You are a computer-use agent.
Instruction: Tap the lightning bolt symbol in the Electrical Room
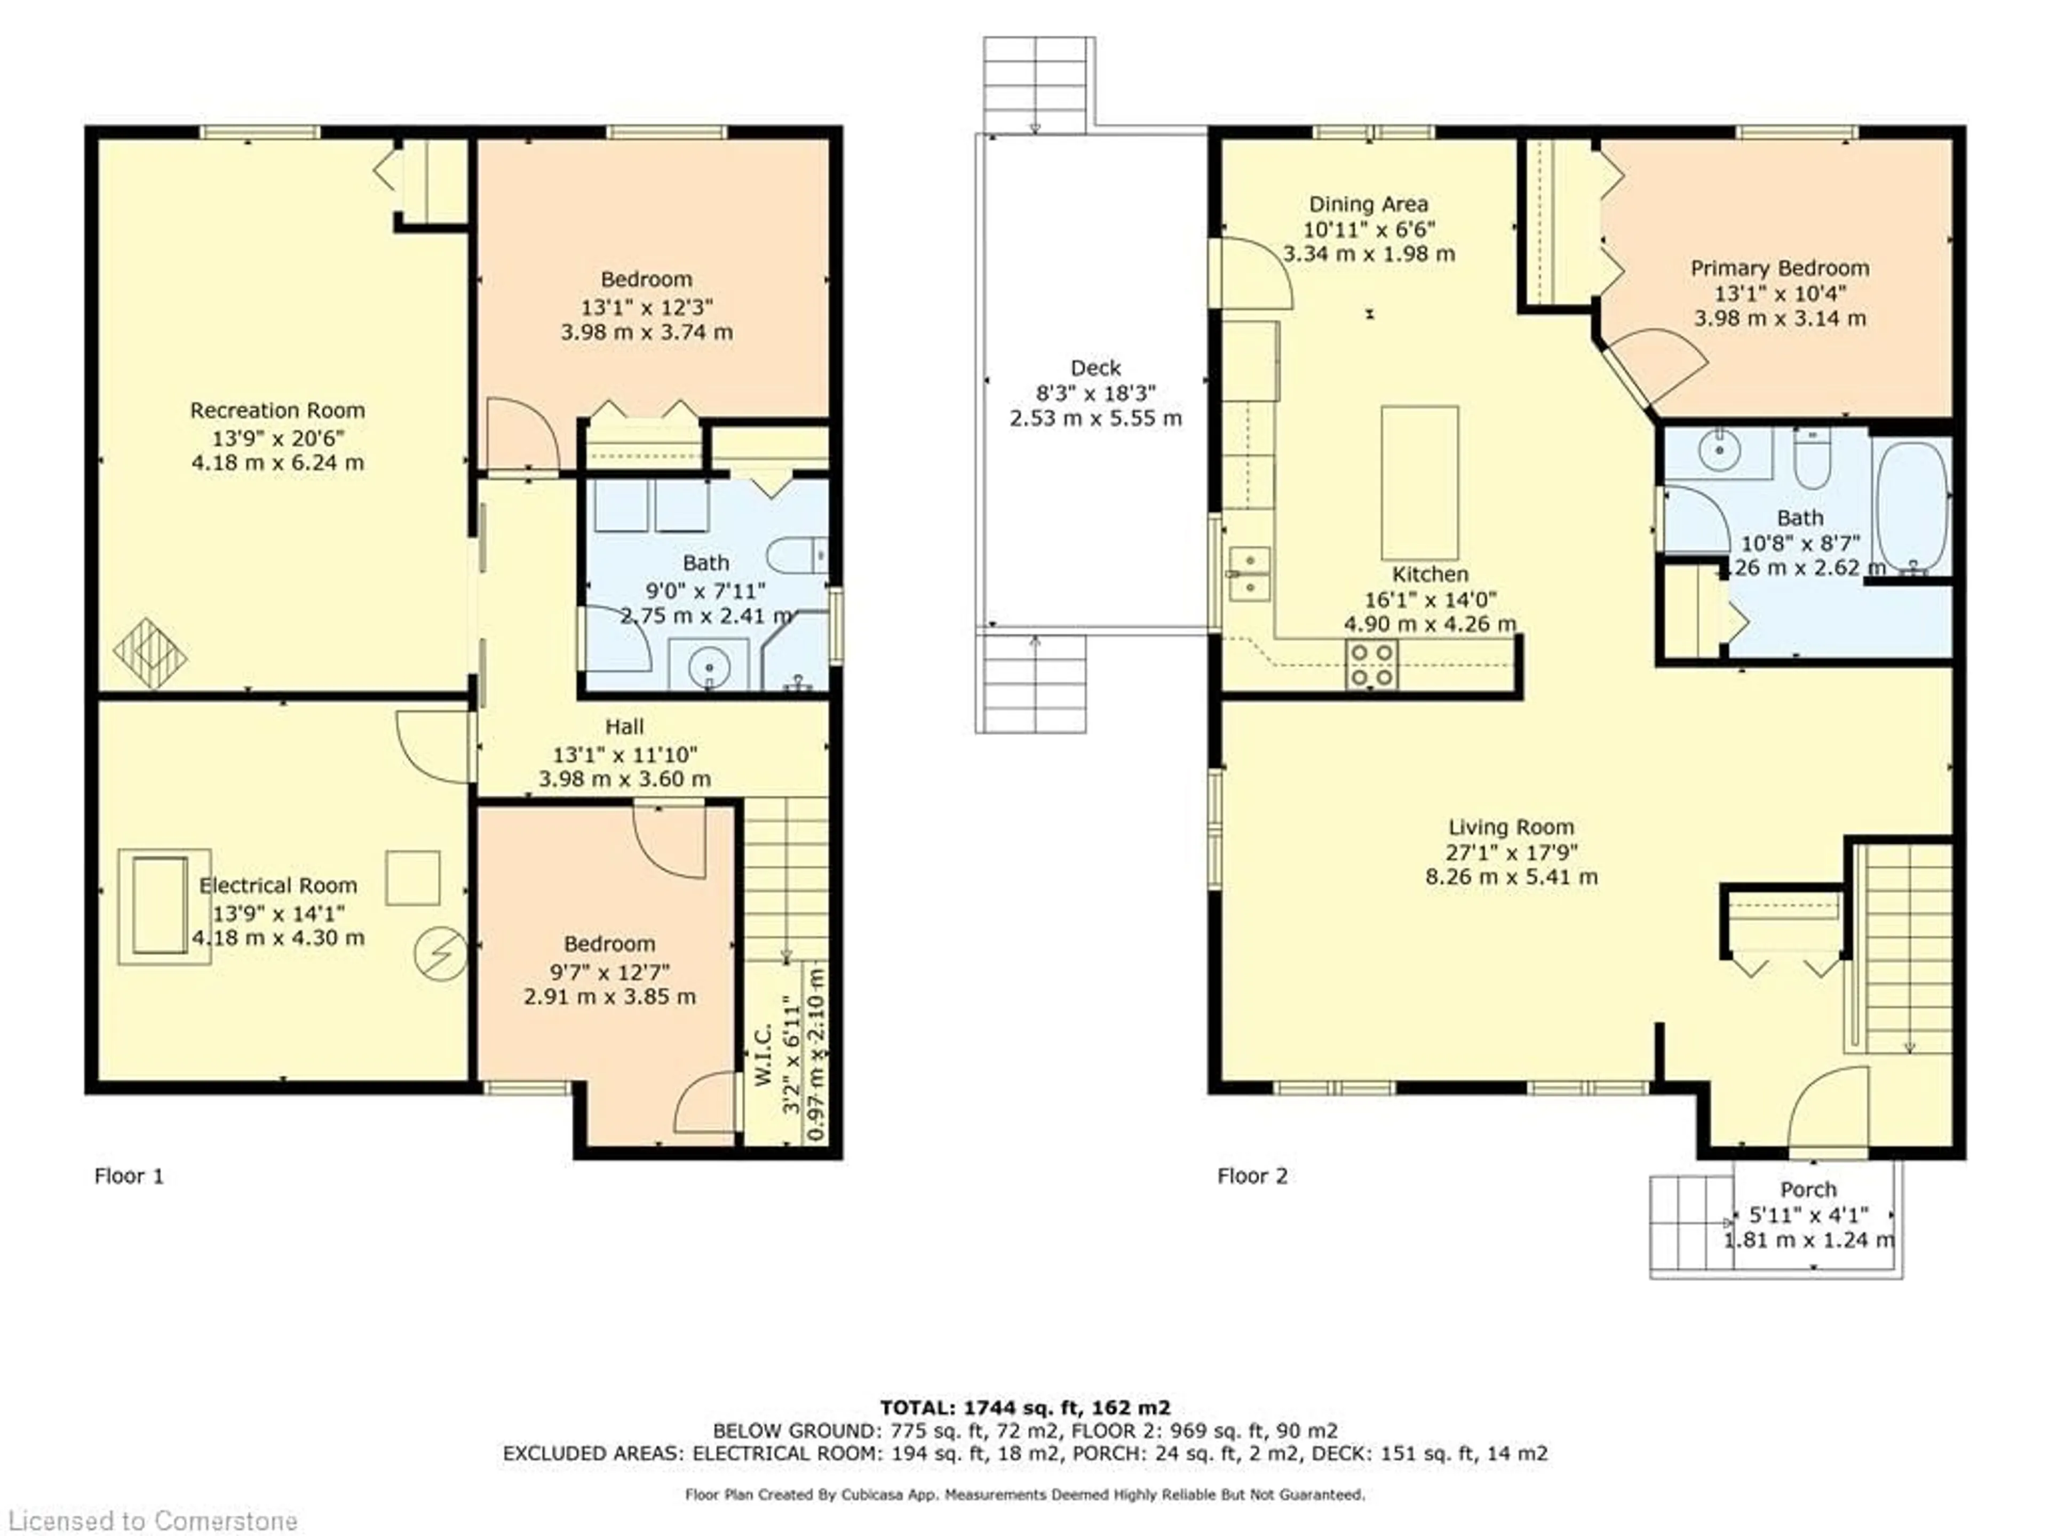click(440, 955)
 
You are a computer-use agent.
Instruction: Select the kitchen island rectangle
click(1419, 482)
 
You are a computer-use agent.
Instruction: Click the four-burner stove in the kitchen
click(1372, 665)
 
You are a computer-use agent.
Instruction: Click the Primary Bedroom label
click(1780, 268)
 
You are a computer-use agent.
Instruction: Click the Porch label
click(1808, 1190)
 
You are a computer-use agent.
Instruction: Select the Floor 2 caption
click(1252, 1176)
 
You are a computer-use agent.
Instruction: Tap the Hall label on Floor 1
click(624, 727)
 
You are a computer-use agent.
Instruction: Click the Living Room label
click(1511, 827)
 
